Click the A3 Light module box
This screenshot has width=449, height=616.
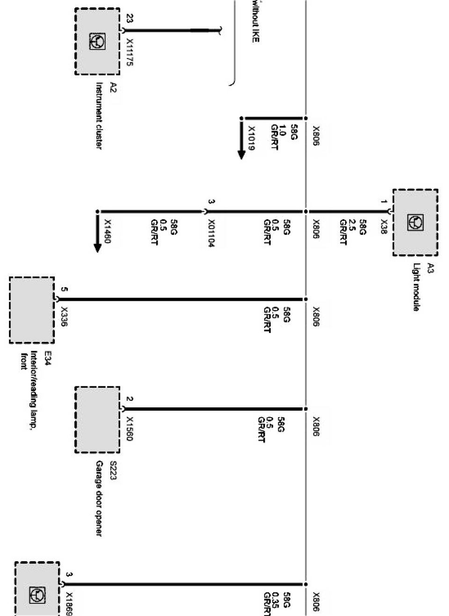pos(415,222)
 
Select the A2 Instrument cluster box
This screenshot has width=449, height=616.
pos(97,42)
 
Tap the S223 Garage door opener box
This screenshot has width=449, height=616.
pos(97,420)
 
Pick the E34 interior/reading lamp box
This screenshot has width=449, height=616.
pos(32,310)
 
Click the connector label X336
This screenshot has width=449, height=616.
pos(64,316)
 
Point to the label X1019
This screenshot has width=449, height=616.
pos(252,138)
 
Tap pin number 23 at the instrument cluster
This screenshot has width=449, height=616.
pos(130,19)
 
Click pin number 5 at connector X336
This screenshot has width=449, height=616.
pos(64,290)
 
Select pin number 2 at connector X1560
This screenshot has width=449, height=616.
pos(130,399)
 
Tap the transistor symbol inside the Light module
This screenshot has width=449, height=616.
pos(415,223)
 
